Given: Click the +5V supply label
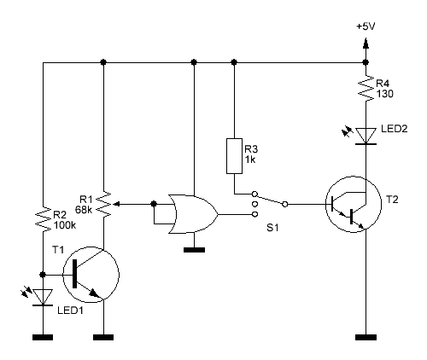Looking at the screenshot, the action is coord(366,26).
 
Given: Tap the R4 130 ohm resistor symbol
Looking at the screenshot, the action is coord(366,88).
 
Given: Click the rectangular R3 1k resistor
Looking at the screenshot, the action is coord(234,156).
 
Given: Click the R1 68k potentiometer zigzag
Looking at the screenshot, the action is coord(103,204).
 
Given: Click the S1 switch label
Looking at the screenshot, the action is coord(272,228).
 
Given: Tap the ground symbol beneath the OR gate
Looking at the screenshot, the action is coord(194,250).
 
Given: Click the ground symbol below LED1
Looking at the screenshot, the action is coord(43,337).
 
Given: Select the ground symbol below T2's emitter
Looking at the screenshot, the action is coord(366,337).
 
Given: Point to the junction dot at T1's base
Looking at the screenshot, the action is coord(43,275).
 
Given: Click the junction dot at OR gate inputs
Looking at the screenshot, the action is coord(154,204).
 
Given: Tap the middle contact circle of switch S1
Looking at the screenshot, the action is coord(255,204).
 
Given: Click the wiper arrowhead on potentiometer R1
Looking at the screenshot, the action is coord(116,204).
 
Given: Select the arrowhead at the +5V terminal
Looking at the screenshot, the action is coord(366,44).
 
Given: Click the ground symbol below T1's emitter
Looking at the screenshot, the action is coord(103,337).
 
